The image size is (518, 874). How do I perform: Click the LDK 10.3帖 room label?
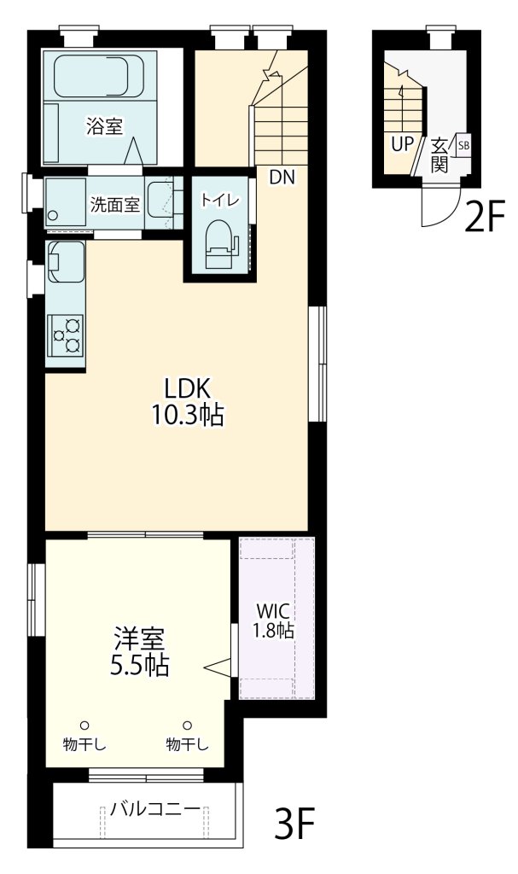188,401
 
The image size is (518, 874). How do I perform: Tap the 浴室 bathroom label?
104,126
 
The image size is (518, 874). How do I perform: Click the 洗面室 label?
115,205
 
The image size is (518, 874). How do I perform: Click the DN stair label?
282,178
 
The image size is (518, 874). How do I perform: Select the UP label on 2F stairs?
401,144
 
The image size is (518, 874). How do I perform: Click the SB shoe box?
463,145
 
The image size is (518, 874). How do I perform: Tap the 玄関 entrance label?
439,155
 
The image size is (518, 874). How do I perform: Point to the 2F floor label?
485,218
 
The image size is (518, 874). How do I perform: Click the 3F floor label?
295,824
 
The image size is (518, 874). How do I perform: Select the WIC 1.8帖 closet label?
273,621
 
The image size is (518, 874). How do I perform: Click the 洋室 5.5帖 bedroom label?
139,651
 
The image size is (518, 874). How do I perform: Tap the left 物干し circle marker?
84,725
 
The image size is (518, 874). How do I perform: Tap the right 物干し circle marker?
188,725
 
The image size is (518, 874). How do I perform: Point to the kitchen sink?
66,261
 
